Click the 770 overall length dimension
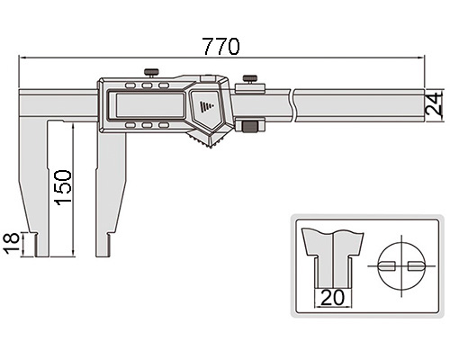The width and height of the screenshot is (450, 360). point(221,46)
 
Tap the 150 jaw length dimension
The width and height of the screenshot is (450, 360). point(63,188)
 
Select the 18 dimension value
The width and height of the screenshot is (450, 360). point(12,244)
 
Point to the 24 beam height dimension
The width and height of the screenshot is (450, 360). point(435,104)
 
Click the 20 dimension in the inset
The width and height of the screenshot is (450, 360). point(333,298)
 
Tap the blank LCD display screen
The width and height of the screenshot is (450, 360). point(150,105)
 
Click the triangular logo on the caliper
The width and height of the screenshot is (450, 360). point(206,106)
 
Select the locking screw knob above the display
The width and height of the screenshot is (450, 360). point(152,73)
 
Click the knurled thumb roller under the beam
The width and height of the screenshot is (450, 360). point(250,126)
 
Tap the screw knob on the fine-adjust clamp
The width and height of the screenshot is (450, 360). point(250,79)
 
